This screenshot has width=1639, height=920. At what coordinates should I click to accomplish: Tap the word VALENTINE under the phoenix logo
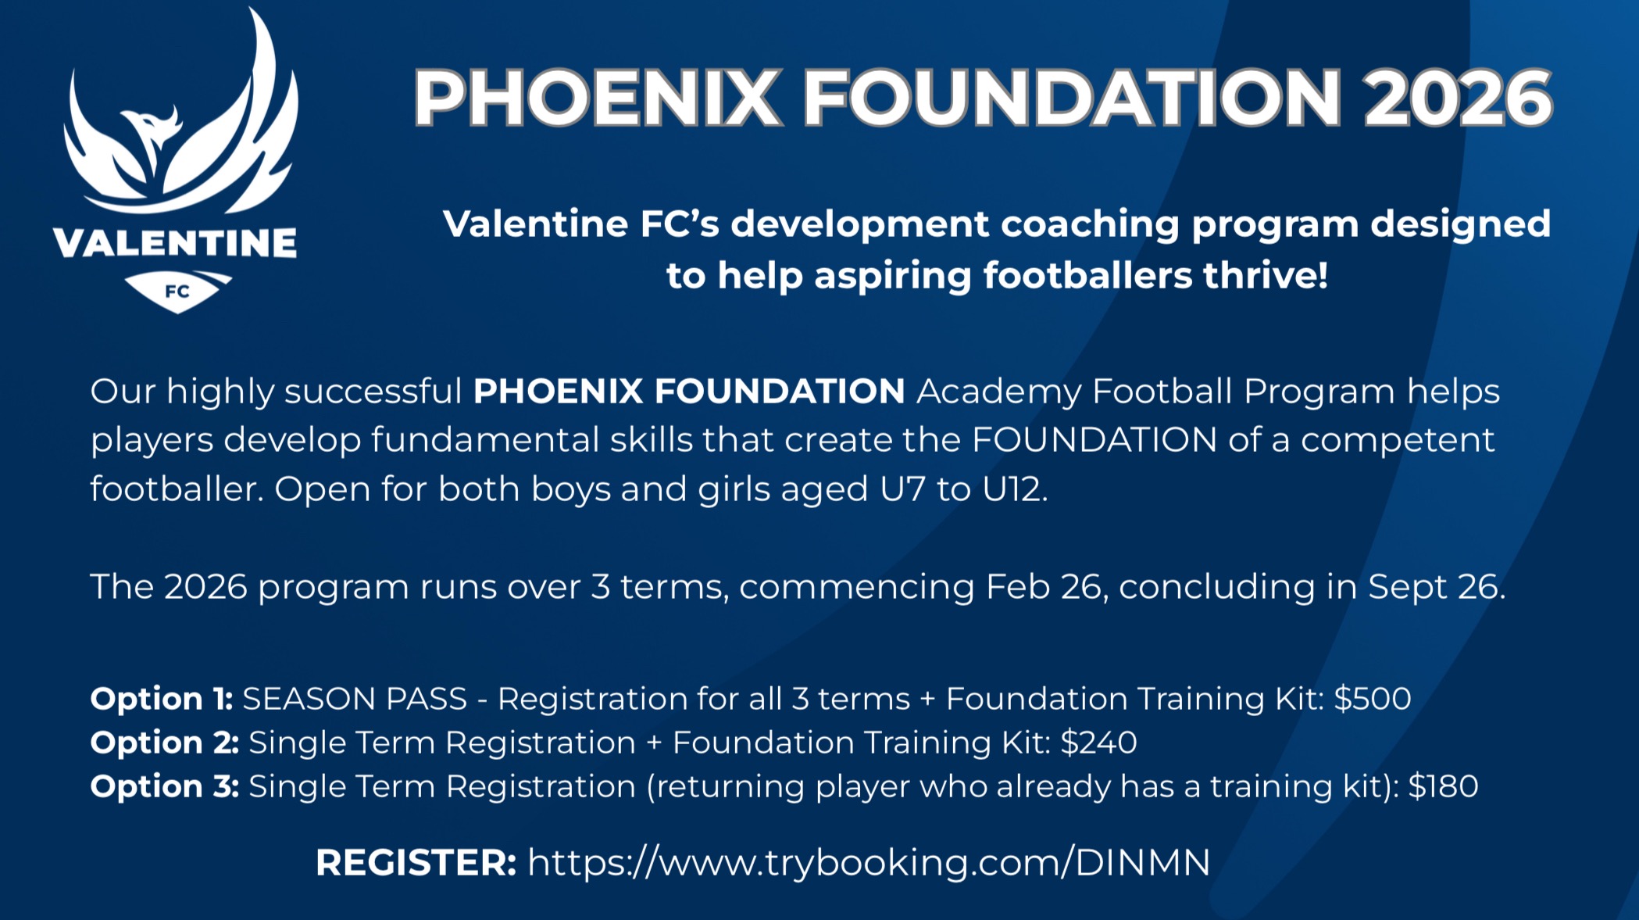pos(175,243)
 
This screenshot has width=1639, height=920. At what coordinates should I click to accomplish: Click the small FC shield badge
pos(178,292)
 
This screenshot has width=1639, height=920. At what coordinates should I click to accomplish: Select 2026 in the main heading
pos(1458,98)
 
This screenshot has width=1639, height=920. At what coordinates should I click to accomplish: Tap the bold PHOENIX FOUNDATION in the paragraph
pos(689,391)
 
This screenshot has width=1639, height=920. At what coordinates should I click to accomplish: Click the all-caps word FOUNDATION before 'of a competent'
pos(1094,440)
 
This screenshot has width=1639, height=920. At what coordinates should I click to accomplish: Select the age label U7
pos(902,489)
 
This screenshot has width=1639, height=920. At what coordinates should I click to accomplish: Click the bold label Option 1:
pos(162,699)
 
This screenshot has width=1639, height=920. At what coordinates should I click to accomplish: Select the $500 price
pos(1373,699)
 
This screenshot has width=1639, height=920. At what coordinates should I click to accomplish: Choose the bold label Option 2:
pos(165,743)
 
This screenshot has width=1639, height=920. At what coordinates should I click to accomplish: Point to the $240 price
pos(1098,743)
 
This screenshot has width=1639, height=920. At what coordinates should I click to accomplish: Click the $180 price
pos(1443,786)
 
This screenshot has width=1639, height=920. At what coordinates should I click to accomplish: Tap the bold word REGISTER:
pos(416,863)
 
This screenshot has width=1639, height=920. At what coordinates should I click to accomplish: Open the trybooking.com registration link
pos(869,863)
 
